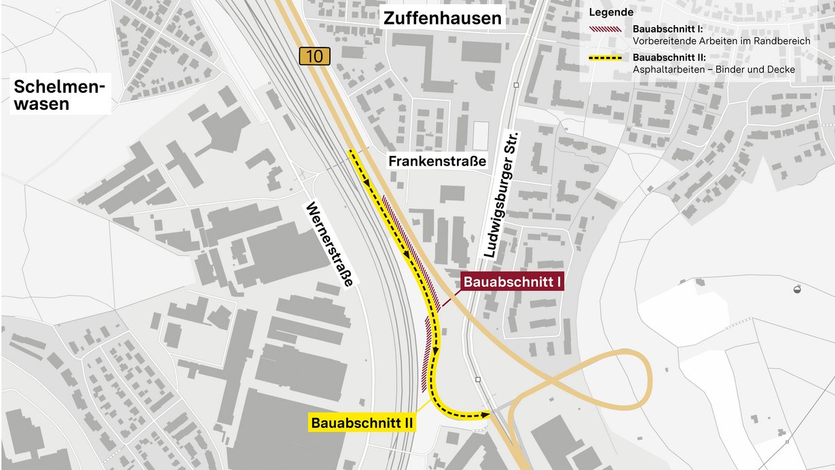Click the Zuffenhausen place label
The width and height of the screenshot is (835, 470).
[x=442, y=18]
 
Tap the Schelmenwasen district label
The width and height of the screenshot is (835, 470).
[x=60, y=96]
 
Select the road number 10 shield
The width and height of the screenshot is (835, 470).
[x=314, y=56]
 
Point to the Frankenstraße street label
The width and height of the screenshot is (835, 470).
[x=437, y=161]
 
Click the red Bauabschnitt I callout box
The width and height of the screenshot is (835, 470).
[x=513, y=281]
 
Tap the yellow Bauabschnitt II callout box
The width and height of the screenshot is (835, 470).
[x=363, y=423]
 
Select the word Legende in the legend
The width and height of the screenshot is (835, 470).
[x=611, y=12]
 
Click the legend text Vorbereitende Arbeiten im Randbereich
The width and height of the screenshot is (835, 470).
[x=721, y=41]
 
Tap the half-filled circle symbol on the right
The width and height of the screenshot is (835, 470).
[x=797, y=290]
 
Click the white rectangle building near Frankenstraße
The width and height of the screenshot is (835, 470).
[x=480, y=136]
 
